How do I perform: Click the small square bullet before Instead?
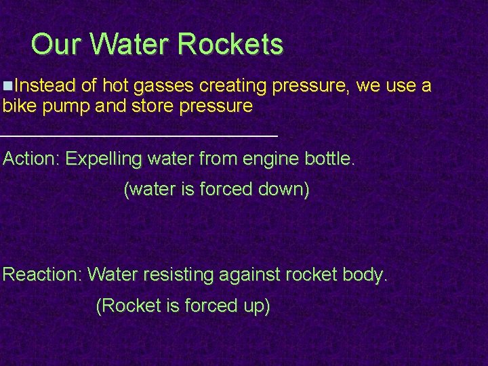pyautogui.click(x=7, y=86)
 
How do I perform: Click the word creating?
pyautogui.click(x=233, y=86)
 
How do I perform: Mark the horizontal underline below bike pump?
pyautogui.click(x=139, y=136)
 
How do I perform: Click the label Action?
pyautogui.click(x=32, y=159)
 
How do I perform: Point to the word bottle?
pyautogui.click(x=329, y=159)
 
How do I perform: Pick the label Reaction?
pyautogui.click(x=43, y=274)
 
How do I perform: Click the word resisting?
pyautogui.click(x=183, y=275)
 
